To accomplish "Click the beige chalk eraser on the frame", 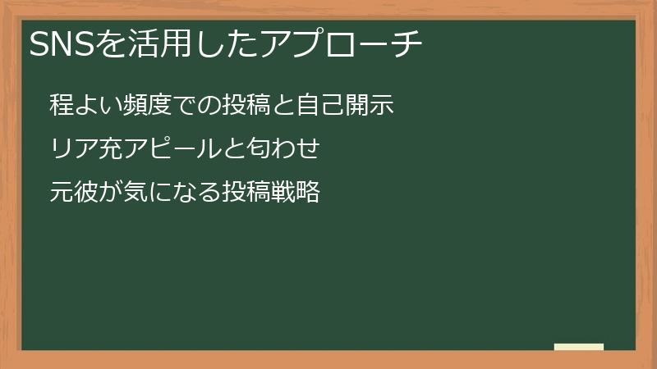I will [x=579, y=348].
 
